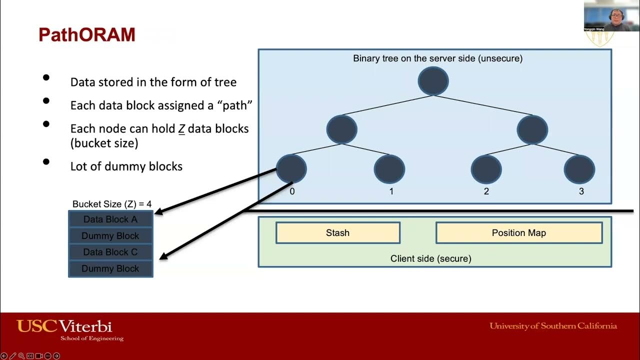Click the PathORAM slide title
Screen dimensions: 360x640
click(87, 35)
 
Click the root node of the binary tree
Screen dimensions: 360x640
click(433, 81)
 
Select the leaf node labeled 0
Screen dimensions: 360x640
click(291, 169)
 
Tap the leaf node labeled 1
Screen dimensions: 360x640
click(389, 169)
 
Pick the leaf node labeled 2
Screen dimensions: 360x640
click(486, 169)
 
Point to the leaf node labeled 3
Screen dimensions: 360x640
click(579, 169)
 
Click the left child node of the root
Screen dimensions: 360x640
click(341, 129)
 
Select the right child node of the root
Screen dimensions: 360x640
click(532, 129)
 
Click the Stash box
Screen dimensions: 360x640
click(337, 233)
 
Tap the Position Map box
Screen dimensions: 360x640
click(518, 233)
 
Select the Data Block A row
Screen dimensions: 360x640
click(110, 219)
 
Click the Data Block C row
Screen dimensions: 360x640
click(110, 252)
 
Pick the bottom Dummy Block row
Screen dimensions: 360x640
click(110, 268)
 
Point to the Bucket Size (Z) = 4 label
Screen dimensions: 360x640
click(112, 204)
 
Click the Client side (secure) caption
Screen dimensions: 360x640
click(430, 258)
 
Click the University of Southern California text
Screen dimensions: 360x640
click(553, 326)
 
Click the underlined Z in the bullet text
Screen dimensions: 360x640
click(181, 129)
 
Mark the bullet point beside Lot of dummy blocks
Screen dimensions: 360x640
click(46, 161)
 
